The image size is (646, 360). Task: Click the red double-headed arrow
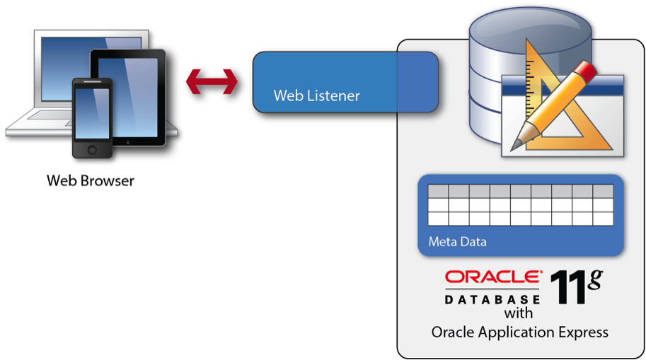tap(212, 81)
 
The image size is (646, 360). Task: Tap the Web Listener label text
tap(316, 95)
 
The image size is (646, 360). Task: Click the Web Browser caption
tap(91, 180)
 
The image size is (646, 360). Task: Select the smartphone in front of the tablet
tap(92, 118)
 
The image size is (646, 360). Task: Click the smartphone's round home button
tap(92, 150)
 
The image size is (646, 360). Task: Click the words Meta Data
tap(457, 241)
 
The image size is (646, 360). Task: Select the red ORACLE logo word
tap(494, 277)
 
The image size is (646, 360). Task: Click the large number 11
tap(568, 288)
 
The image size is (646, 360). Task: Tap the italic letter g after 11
tap(595, 279)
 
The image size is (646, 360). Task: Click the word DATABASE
tap(492, 299)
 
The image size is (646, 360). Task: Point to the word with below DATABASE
tap(518, 313)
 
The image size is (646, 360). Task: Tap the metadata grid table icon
tap(521, 205)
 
